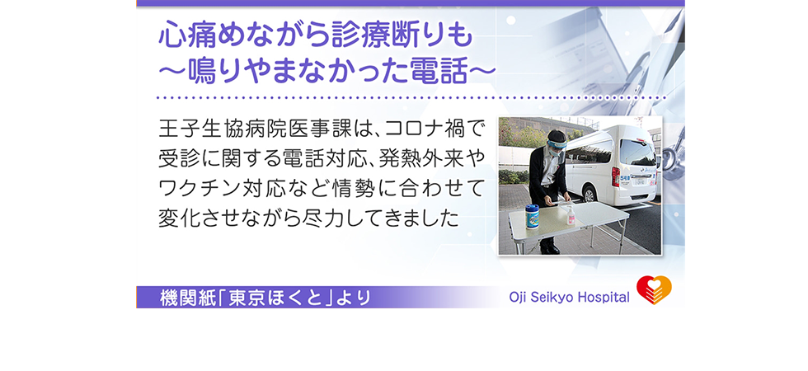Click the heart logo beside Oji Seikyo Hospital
(654, 290)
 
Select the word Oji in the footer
(516, 298)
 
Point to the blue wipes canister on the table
(533, 217)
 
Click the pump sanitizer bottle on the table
(571, 214)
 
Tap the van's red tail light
(615, 176)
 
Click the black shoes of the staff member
(549, 248)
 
